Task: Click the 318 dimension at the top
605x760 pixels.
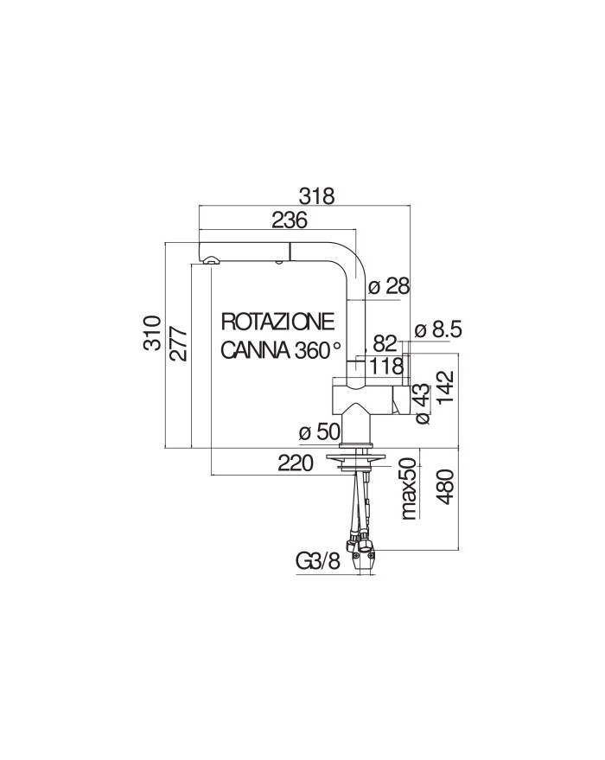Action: (x=316, y=196)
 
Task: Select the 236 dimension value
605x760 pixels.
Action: (x=290, y=220)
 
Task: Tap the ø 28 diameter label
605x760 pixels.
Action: (x=389, y=286)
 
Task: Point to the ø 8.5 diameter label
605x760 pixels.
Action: (x=439, y=329)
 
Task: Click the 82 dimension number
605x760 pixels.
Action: (x=385, y=343)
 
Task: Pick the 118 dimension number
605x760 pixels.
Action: (x=386, y=367)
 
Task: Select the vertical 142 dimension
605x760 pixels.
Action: (x=445, y=386)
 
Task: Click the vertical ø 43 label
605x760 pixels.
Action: (x=423, y=405)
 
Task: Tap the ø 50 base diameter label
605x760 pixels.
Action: (x=320, y=431)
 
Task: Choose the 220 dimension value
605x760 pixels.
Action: (x=296, y=463)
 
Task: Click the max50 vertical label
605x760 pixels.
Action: (x=410, y=489)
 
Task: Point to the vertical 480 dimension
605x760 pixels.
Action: (x=445, y=487)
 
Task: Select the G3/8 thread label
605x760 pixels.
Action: (x=318, y=561)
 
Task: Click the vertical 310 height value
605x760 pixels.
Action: (x=153, y=333)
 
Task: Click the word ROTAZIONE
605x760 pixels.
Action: (x=278, y=322)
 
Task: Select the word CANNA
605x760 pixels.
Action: (x=255, y=350)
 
